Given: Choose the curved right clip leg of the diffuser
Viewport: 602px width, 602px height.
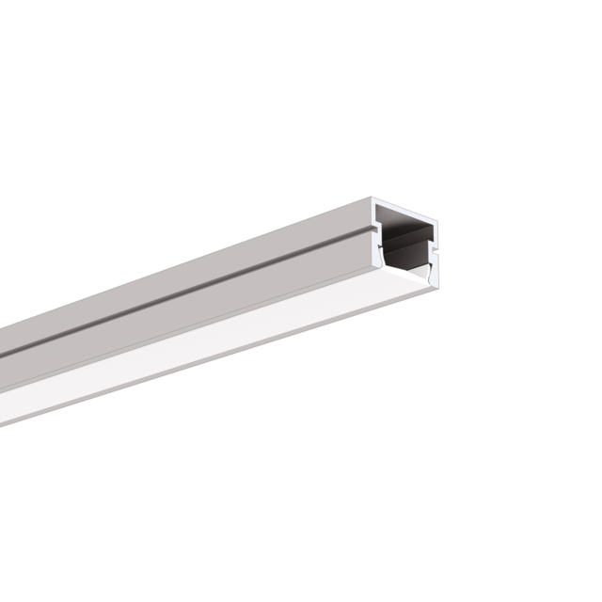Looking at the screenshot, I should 431,273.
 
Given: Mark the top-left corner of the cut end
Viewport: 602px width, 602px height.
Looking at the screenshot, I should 371,199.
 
